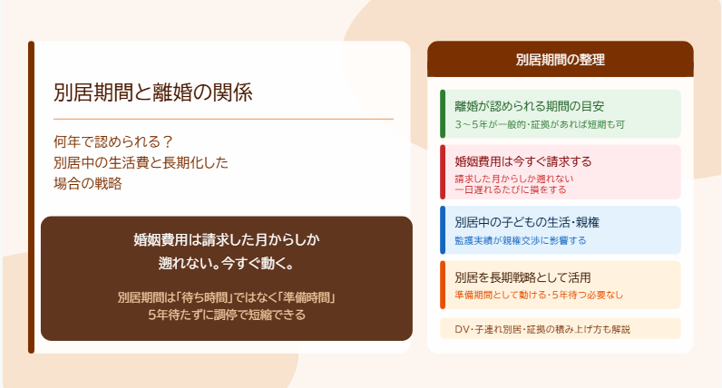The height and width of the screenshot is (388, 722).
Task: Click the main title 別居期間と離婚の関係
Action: [x=153, y=92]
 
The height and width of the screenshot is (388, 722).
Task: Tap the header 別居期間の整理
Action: [x=561, y=60]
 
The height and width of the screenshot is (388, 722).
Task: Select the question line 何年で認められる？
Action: [x=112, y=141]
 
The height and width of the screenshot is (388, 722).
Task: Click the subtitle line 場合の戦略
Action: [x=87, y=184]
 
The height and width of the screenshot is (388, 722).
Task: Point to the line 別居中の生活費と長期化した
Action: [x=141, y=162]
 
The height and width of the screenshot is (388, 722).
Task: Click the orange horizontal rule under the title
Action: [x=223, y=119]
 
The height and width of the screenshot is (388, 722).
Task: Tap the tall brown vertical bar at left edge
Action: [x=32, y=197]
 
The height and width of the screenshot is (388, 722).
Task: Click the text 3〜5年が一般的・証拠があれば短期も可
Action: [x=540, y=124]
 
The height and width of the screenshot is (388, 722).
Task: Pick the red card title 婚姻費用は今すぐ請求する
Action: [x=523, y=161]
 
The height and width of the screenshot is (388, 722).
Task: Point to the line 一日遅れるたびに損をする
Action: [x=511, y=189]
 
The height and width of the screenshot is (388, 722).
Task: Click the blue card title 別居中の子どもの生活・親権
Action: [x=527, y=223]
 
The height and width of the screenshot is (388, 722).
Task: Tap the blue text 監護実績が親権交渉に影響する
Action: [x=521, y=240]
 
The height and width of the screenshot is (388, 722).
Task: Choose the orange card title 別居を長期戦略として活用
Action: [x=522, y=277]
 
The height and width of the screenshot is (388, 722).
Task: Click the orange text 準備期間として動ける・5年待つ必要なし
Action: [x=539, y=295]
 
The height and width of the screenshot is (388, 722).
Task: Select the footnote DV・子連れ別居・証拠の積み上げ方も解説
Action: [x=542, y=330]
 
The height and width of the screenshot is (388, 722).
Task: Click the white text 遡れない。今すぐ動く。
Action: [x=226, y=263]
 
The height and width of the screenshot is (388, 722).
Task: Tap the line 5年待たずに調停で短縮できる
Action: [x=227, y=315]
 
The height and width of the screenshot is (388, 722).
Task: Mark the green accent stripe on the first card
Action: [x=443, y=113]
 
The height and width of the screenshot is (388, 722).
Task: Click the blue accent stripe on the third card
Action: [x=443, y=230]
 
